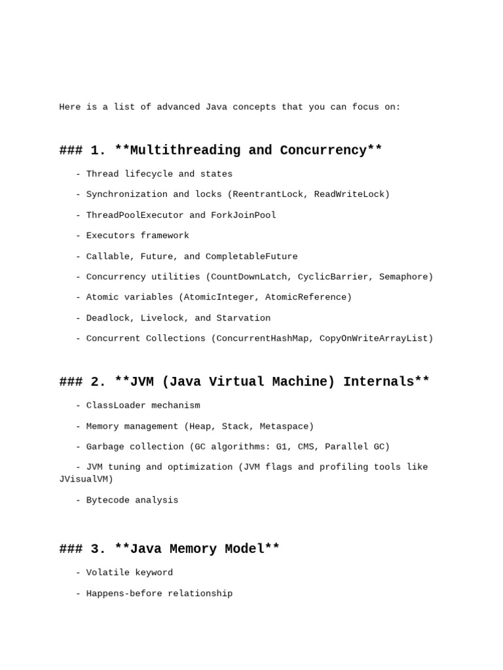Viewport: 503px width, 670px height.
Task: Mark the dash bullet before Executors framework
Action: (x=79, y=236)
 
